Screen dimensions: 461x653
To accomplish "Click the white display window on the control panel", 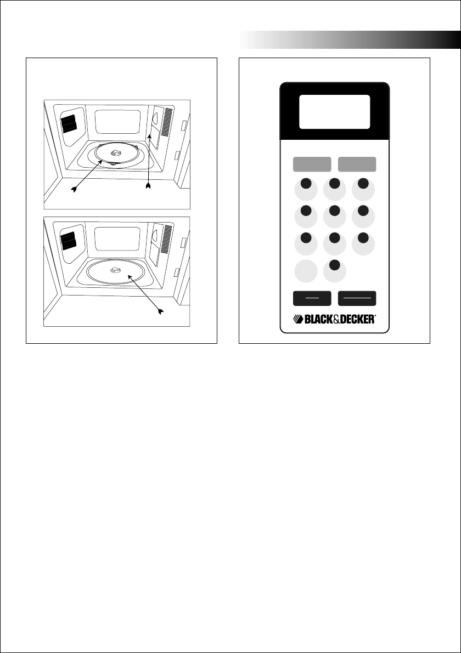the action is point(334,111).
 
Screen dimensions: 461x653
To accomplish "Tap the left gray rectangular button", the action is point(312,164).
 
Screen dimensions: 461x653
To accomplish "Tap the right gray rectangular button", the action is point(357,164).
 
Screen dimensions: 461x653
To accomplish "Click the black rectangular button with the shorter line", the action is point(312,298).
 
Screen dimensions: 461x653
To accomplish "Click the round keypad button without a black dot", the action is point(306,271).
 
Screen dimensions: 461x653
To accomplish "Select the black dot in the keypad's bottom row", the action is point(335,266).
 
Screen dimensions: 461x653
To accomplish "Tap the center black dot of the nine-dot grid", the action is point(335,211).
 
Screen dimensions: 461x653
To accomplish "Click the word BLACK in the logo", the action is point(319,319).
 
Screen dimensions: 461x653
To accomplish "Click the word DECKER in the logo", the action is point(356,319).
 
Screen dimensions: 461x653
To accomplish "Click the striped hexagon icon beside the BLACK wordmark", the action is point(296,319).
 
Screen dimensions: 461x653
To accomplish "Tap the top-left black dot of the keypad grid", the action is point(306,183).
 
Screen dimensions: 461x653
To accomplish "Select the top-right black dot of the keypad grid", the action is point(363,183).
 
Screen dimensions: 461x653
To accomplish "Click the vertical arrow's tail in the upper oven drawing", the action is point(148,189).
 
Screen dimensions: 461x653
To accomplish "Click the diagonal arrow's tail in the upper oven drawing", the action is point(73,190).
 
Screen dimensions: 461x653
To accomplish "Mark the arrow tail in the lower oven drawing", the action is point(160,312).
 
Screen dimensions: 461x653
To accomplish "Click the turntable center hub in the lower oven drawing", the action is point(116,270).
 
